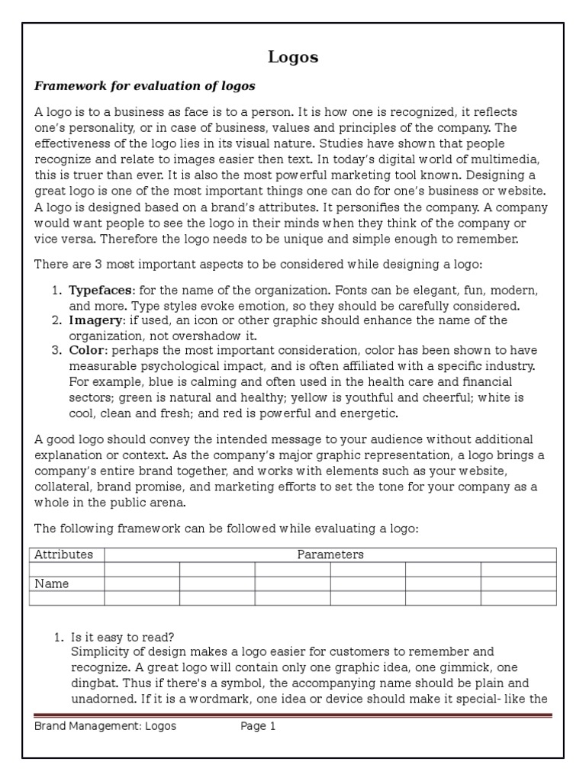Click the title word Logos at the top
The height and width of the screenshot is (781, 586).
coord(293,57)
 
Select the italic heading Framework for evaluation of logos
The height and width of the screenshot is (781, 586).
coord(145,85)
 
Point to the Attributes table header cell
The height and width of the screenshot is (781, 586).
coord(64,554)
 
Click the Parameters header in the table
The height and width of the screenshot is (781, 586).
coord(330,554)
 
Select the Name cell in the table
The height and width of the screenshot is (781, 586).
coord(52,583)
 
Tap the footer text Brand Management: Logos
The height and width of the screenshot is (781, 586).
coord(105,726)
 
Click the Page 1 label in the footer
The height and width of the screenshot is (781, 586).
coord(258,726)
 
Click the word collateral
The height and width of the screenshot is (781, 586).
coord(64,486)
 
